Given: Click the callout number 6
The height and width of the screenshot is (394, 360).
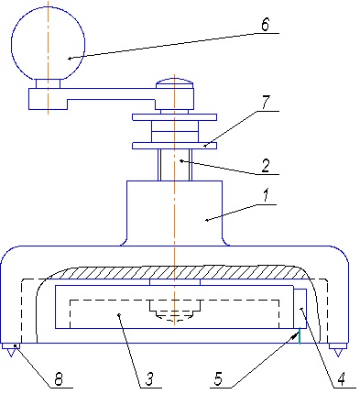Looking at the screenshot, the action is [x=266, y=24].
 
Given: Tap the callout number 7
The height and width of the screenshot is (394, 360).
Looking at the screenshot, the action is [x=266, y=103].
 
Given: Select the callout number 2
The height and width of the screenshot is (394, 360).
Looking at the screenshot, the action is [x=266, y=166].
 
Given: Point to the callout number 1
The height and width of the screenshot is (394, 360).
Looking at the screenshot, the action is [x=266, y=195].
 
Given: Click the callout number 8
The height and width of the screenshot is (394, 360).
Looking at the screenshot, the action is [x=59, y=379].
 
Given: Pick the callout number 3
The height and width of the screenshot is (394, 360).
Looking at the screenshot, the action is [x=148, y=379].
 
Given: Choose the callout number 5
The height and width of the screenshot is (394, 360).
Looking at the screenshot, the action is [x=218, y=379].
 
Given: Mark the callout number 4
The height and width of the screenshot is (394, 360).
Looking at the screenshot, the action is [x=341, y=379].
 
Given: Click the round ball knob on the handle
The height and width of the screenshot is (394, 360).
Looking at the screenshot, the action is [x=48, y=43].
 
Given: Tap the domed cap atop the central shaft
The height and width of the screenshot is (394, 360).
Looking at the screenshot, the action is [x=174, y=83].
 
